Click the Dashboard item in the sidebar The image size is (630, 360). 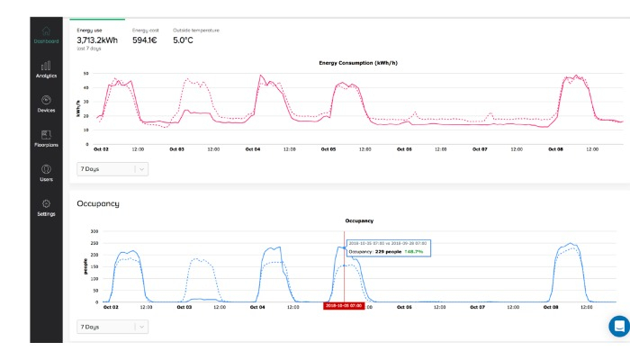[46, 35]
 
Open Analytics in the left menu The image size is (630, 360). [46, 69]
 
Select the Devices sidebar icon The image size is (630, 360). [46, 103]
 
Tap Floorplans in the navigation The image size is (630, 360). [46, 139]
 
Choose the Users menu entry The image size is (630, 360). [46, 173]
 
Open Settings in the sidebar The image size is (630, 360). [46, 207]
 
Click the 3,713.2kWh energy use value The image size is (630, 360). [97, 40]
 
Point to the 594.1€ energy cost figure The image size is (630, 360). [145, 40]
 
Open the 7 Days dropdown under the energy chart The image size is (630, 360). [112, 168]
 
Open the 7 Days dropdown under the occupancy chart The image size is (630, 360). [112, 327]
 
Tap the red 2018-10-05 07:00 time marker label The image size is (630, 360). [343, 306]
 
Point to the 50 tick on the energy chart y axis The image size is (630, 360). [85, 74]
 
